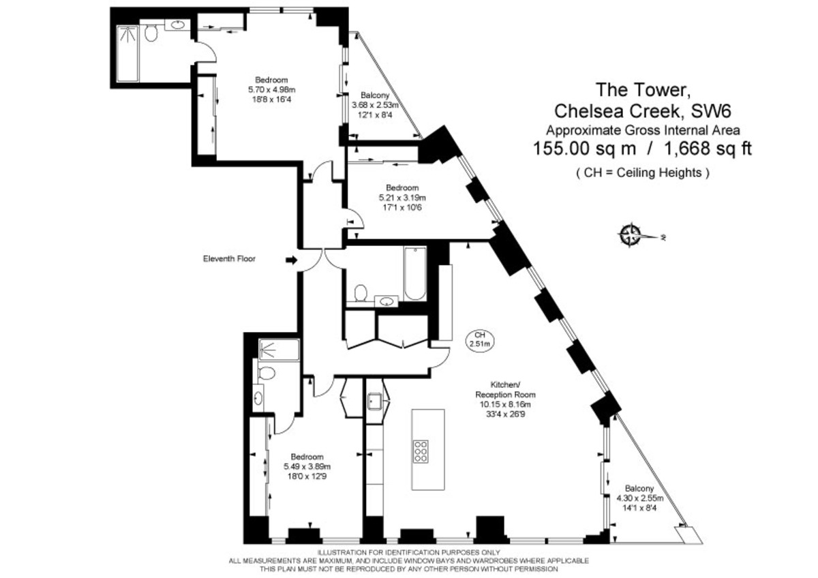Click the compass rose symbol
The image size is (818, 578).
[632, 235]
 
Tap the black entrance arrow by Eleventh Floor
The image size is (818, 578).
[291, 260]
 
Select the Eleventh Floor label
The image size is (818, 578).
[229, 259]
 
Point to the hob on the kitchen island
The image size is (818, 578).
[421, 452]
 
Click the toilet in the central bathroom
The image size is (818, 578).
[361, 292]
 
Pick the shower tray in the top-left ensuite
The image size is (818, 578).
[127, 53]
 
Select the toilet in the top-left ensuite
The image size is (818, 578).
[152, 32]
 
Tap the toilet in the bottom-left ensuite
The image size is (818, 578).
[267, 374]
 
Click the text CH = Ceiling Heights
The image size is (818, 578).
[642, 173]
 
